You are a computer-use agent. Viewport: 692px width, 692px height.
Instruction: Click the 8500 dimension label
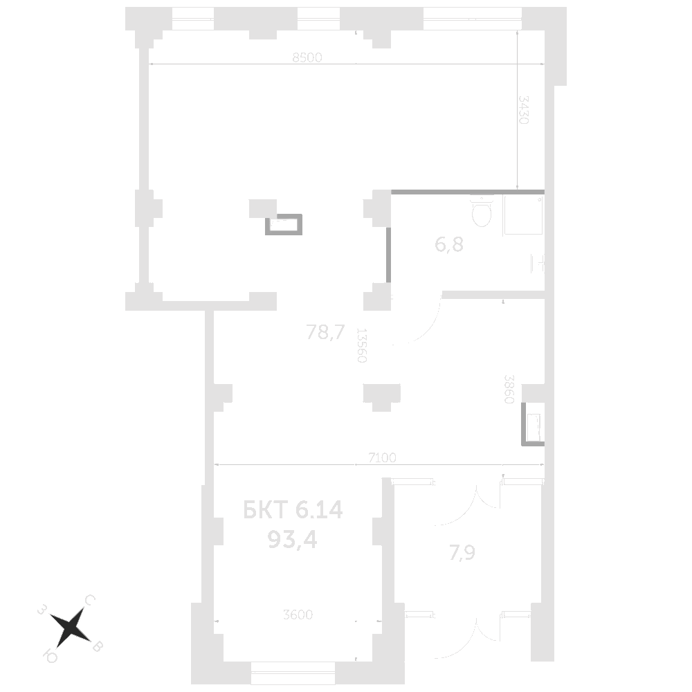pos(307,59)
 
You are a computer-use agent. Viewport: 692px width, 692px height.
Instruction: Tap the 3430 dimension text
pos(524,109)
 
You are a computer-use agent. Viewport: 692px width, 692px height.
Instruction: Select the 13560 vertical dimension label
pos(361,345)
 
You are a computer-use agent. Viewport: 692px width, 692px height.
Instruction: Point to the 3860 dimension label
pos(509,392)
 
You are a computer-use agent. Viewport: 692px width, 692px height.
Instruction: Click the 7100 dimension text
pos(381,458)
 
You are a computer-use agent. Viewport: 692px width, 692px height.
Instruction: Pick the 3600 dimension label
pos(298,614)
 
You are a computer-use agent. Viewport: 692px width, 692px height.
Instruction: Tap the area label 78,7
pos(325,334)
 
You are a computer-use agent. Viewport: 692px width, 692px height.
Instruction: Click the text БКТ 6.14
pos(293,511)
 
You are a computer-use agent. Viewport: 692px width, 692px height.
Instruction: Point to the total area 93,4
pos(292,539)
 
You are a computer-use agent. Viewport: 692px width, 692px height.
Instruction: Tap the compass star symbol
pos(70,627)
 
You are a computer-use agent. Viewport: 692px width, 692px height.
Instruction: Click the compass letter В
pos(98,646)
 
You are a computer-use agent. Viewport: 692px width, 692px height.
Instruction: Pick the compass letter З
pos(42,610)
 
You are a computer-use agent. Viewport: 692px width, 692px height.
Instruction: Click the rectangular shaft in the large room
pos(282,225)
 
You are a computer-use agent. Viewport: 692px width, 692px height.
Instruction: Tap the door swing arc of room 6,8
pos(424,325)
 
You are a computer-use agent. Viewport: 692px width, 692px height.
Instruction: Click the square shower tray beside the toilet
pos(522,216)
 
